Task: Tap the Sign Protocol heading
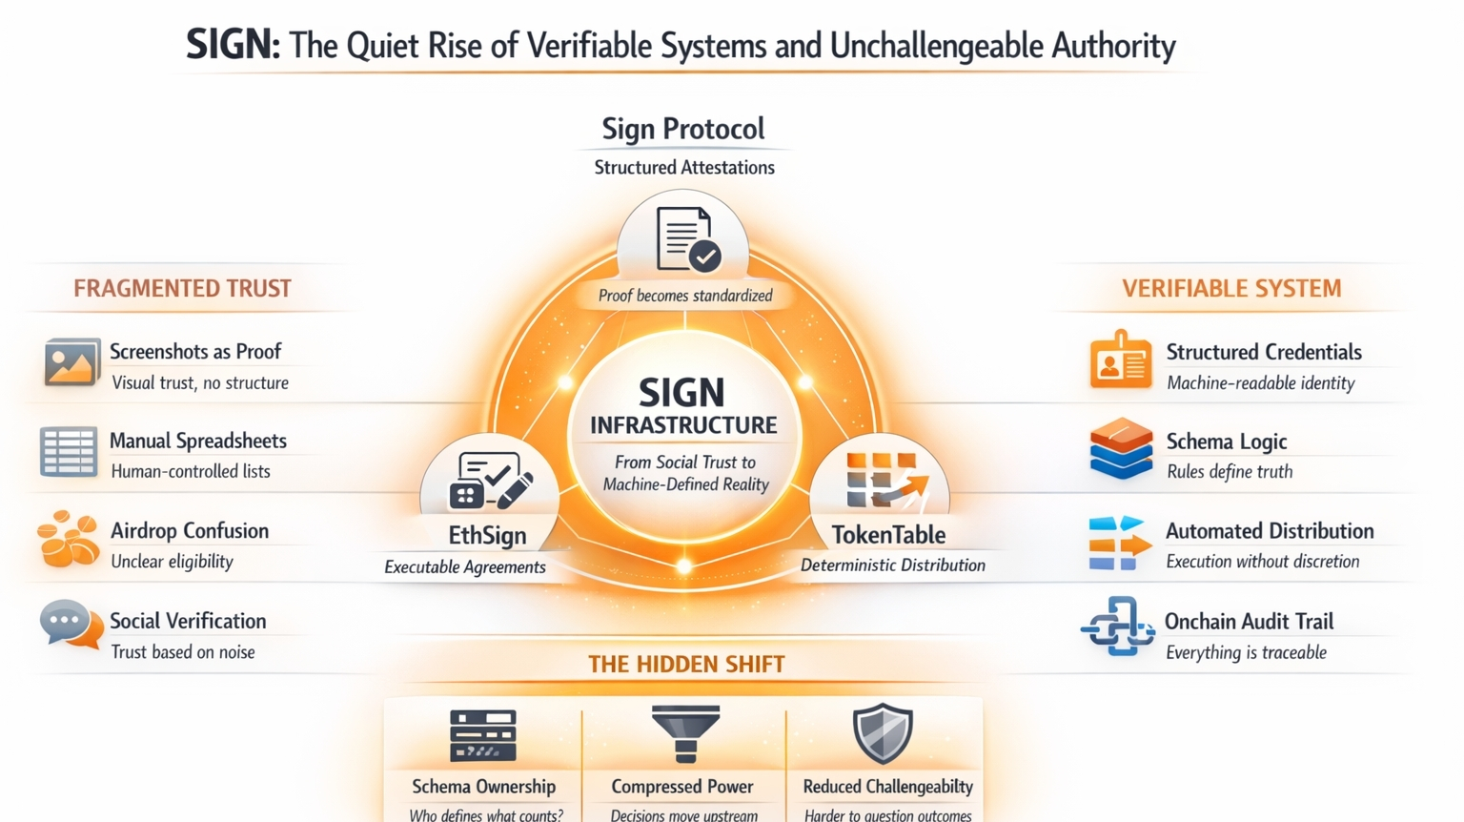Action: [x=683, y=129]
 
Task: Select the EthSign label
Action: [x=487, y=535]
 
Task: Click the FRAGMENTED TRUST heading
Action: [x=182, y=288]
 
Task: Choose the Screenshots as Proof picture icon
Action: [x=71, y=362]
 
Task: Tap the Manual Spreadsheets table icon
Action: [x=69, y=452]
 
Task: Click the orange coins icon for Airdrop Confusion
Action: [x=68, y=540]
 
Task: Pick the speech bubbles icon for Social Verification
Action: [x=71, y=626]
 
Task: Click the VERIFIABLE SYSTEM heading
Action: [x=1231, y=288]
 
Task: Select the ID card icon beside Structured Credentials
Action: [x=1120, y=360]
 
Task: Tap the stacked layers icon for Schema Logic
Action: [x=1121, y=448]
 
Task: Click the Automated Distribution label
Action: [x=1270, y=531]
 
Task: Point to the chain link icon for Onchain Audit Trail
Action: [x=1117, y=627]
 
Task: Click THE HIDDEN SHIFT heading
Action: [x=686, y=664]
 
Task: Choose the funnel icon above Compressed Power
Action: [x=685, y=733]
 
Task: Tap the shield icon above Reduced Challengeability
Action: [x=883, y=733]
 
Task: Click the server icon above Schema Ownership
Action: [x=483, y=735]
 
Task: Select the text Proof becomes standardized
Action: [x=685, y=296]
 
